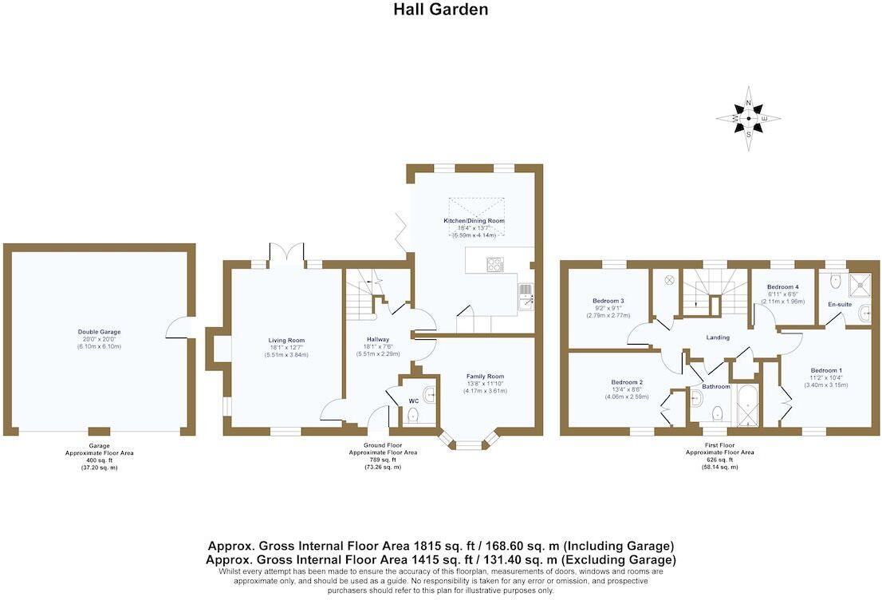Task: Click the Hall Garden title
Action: [x=440, y=10]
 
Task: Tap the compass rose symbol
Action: [x=748, y=118]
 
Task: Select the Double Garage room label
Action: [x=99, y=332]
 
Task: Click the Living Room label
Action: [x=286, y=341]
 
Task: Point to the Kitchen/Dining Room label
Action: [x=474, y=221]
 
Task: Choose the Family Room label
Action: [x=486, y=377]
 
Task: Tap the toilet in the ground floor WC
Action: [x=413, y=415]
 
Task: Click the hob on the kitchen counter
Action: [x=495, y=264]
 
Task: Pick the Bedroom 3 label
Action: [x=610, y=301]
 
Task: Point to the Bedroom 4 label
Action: [x=782, y=287]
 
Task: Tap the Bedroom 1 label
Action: [x=825, y=370]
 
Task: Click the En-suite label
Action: [x=840, y=304]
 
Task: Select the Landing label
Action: [x=718, y=337]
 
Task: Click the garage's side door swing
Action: [x=177, y=328]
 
